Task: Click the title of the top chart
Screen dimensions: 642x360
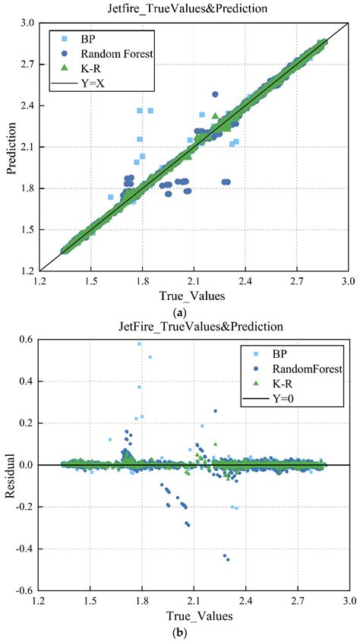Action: pos(193,8)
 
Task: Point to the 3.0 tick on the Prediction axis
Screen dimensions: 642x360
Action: pos(29,23)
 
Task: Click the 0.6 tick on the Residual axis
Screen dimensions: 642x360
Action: pos(29,339)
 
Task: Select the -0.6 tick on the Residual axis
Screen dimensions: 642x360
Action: pos(27,590)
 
